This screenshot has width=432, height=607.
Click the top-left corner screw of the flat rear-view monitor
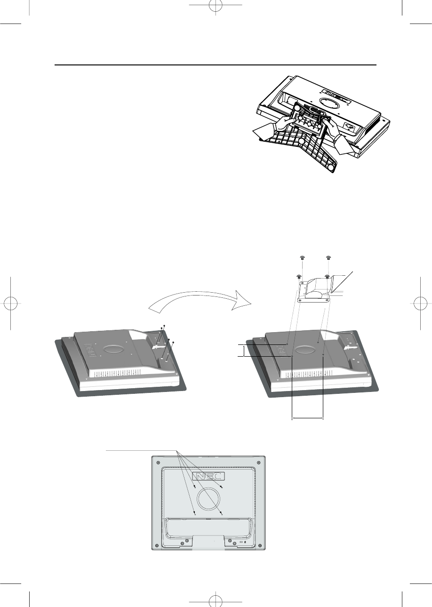[x=158, y=462]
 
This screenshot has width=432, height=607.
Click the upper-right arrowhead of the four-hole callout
[x=222, y=487]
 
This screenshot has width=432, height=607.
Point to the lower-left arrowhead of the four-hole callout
[x=195, y=513]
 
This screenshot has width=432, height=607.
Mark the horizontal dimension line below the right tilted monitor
[x=307, y=419]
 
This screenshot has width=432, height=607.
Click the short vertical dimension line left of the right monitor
[x=244, y=351]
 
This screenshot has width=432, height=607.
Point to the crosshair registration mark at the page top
[x=216, y=5]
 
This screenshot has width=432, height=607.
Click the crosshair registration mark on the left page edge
[x=10, y=303]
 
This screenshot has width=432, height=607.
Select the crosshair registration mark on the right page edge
[x=421, y=303]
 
